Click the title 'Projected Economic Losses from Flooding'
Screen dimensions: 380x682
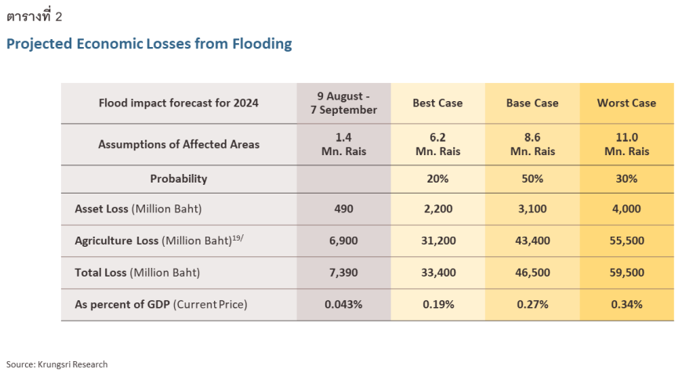149,44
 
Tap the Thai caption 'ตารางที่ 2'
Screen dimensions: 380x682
34,16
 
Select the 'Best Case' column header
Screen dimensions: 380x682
437,103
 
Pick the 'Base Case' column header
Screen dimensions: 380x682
532,103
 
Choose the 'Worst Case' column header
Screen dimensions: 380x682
626,103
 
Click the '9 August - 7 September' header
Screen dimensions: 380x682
343,103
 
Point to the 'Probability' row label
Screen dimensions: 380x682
179,179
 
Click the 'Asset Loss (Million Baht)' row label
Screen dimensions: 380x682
137,209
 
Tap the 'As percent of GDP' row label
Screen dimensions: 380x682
161,304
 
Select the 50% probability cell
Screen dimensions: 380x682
532,179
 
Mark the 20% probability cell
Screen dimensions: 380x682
437,179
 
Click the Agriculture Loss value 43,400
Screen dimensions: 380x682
532,241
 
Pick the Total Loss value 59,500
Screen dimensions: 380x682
626,273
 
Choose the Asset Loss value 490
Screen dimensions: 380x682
343,209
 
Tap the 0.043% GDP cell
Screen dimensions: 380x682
343,304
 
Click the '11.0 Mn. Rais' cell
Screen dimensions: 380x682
626,144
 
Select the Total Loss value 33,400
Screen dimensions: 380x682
437,273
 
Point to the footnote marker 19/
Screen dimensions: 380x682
238,237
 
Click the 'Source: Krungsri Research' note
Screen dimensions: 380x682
57,364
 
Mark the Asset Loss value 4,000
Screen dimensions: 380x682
626,209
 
